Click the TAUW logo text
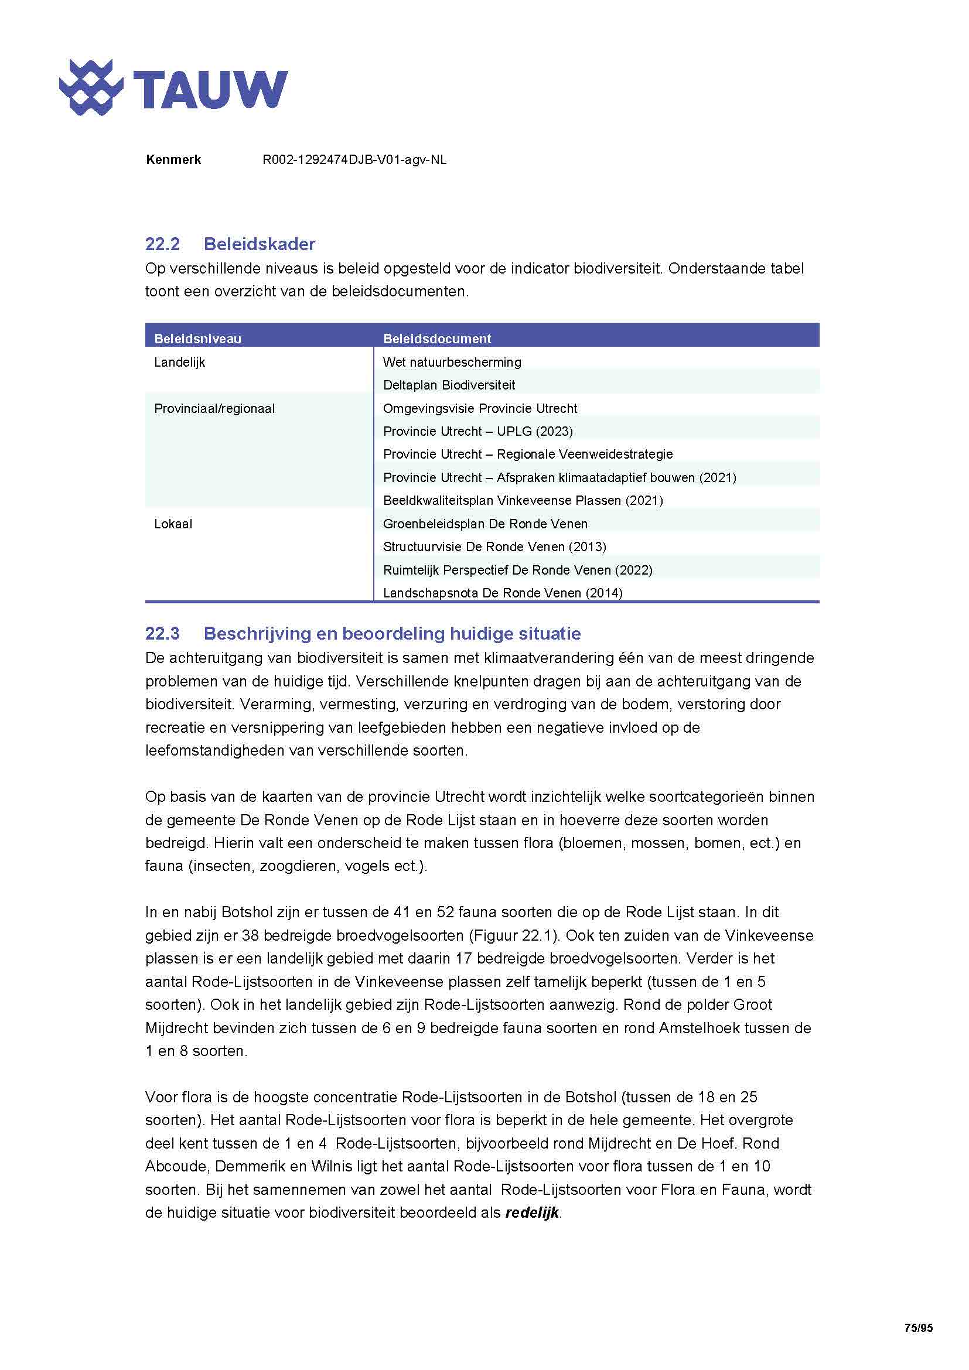(210, 89)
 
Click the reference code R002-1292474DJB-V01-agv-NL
(354, 160)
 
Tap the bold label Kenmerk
(173, 160)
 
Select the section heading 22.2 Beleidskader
(230, 244)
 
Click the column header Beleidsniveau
(197, 339)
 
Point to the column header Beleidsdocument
(437, 339)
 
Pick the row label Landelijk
(180, 362)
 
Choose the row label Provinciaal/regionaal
(214, 409)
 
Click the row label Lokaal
(173, 524)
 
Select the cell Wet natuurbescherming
(452, 362)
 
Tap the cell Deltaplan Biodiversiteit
(449, 385)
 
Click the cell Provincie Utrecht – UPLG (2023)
(477, 432)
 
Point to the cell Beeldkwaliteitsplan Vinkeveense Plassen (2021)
(523, 501)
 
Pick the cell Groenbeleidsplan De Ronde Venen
(485, 524)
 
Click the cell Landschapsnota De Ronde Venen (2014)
(503, 593)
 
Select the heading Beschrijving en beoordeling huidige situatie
(392, 633)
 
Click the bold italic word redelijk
(531, 1212)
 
